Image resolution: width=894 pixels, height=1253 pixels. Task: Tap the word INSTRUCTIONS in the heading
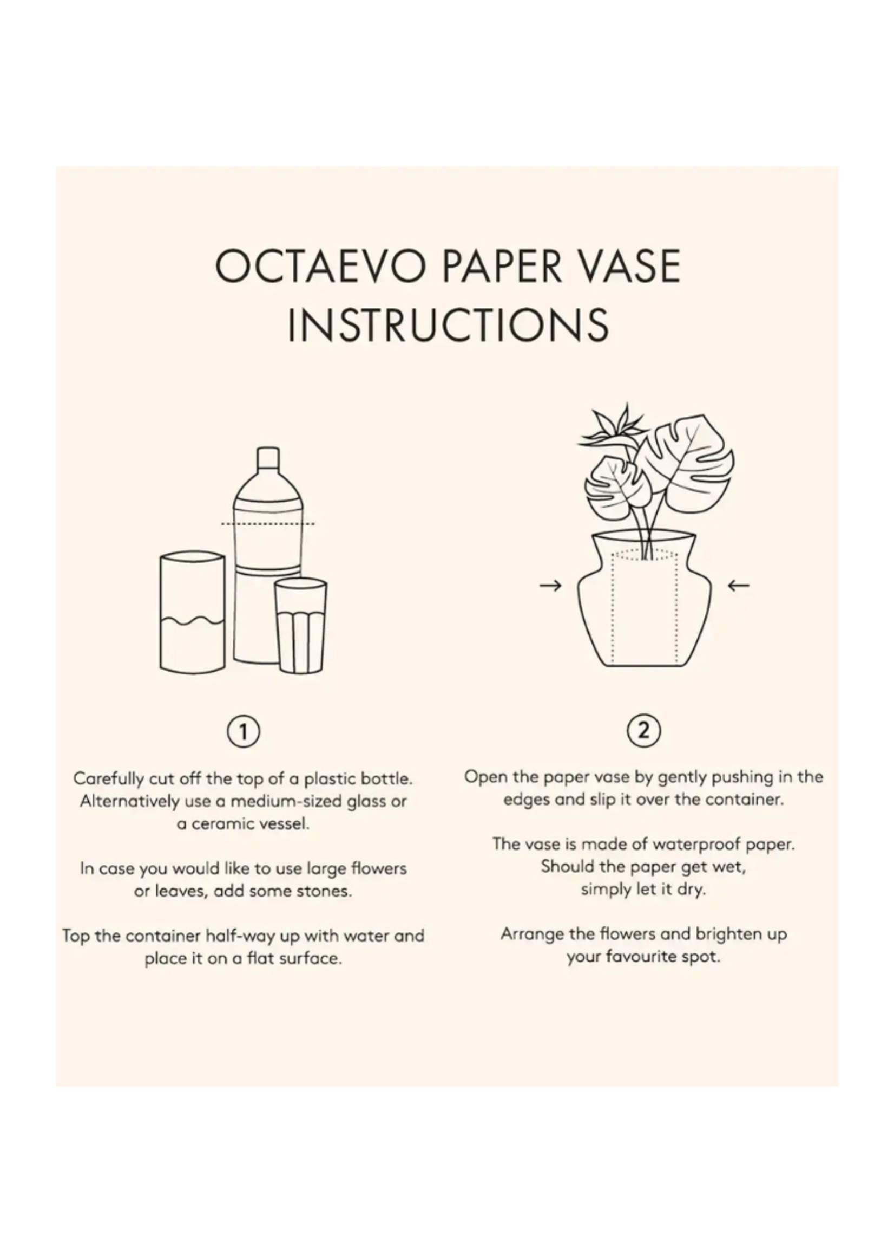[448, 325]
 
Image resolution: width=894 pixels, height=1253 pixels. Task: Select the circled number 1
[244, 732]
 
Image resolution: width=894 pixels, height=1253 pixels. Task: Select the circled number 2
[643, 731]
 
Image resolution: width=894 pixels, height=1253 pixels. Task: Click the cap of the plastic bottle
[267, 458]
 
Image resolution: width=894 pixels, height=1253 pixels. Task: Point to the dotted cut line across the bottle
[267, 523]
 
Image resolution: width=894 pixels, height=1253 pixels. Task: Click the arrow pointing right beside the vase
[550, 585]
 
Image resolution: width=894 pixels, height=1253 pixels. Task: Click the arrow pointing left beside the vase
[738, 585]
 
